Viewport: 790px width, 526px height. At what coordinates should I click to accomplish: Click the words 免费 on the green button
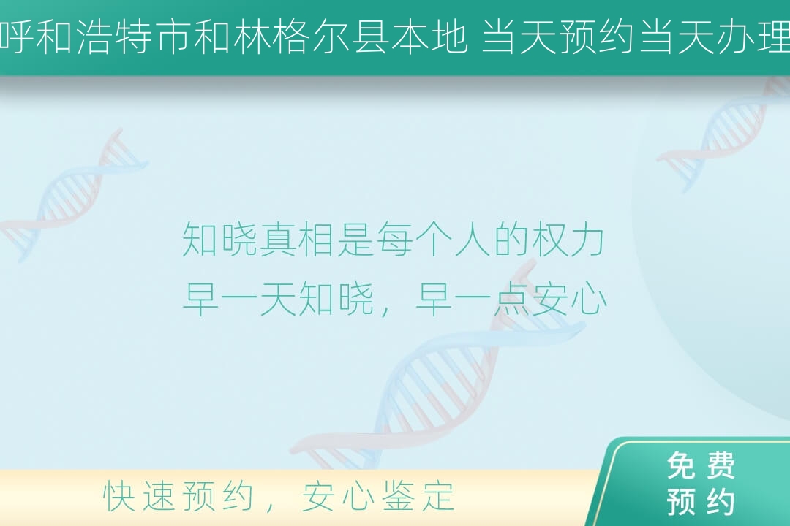pos(701,465)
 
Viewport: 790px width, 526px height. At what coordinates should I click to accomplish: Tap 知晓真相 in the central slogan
pos(258,240)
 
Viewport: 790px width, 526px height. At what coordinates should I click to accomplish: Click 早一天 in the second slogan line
pos(239,299)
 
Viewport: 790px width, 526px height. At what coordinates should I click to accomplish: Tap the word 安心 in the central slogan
pos(569,299)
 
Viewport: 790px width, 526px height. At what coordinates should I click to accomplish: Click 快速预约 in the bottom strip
pos(178,496)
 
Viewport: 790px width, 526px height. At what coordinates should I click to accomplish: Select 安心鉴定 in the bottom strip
pos(378,496)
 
